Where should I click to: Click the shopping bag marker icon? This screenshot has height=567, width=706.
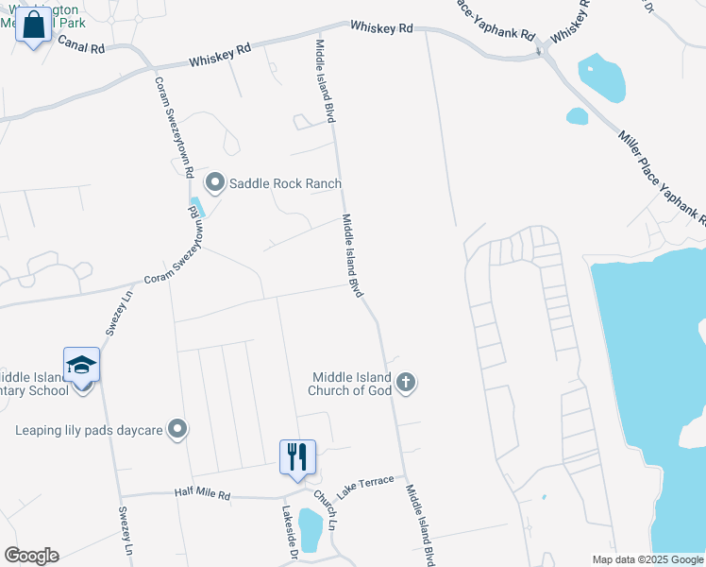[34, 26]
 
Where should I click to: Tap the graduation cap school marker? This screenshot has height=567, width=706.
[81, 365]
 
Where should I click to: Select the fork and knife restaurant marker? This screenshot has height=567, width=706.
[297, 457]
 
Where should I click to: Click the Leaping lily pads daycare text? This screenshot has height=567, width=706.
[89, 431]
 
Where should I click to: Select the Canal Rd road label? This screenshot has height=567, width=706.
[81, 43]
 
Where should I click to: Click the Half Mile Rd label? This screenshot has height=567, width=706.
[202, 492]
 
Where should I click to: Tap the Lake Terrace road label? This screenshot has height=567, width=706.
[365, 487]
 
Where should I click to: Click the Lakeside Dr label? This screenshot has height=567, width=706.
[290, 525]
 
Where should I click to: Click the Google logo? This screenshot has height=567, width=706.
[31, 556]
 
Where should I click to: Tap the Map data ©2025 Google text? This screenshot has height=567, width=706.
[647, 559]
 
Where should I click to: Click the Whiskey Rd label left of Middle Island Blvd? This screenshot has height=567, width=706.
[220, 57]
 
